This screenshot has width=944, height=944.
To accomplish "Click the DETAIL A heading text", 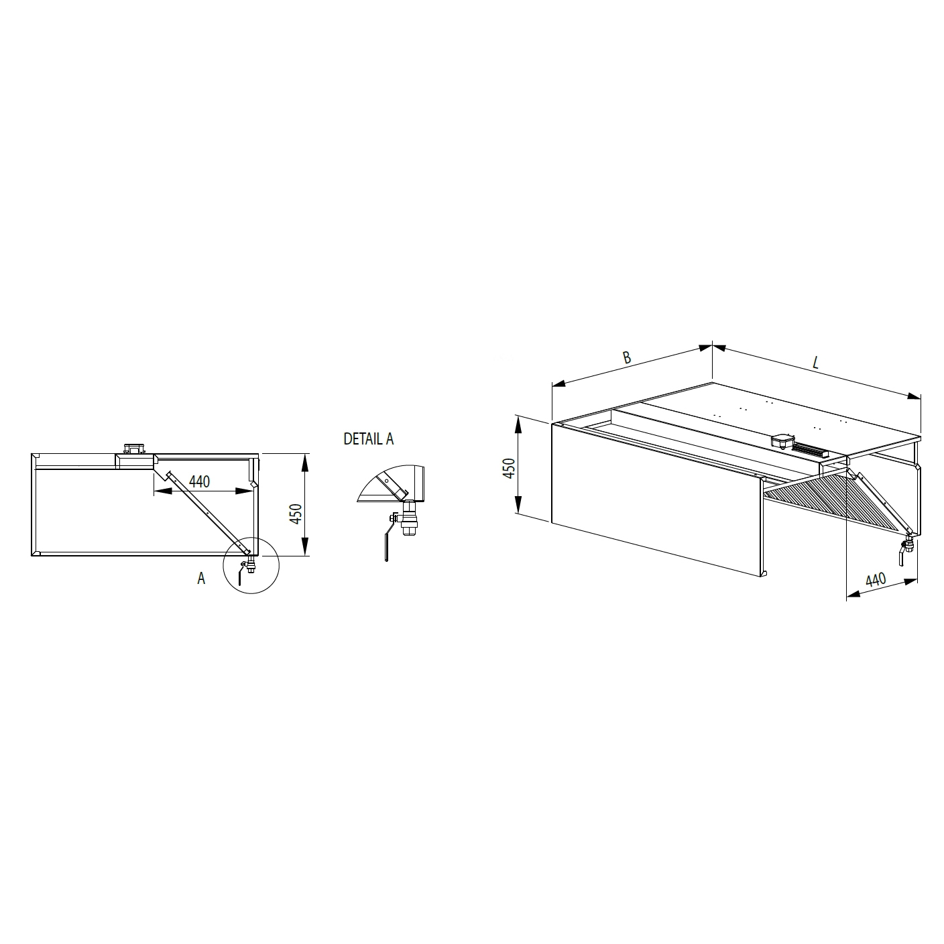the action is pos(368,439).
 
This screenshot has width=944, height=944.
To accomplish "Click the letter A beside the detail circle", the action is pos(201,579).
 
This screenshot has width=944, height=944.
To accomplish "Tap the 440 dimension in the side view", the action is pos(199,481).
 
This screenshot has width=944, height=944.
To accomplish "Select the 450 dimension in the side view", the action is pos(296,514).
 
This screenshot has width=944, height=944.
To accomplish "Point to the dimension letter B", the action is pos(627,357).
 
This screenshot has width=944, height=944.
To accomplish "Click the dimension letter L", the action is pos(816,363).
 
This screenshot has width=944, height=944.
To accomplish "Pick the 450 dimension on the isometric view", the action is pos(510,469).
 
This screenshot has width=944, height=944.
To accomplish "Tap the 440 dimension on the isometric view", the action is pos(876,580).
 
